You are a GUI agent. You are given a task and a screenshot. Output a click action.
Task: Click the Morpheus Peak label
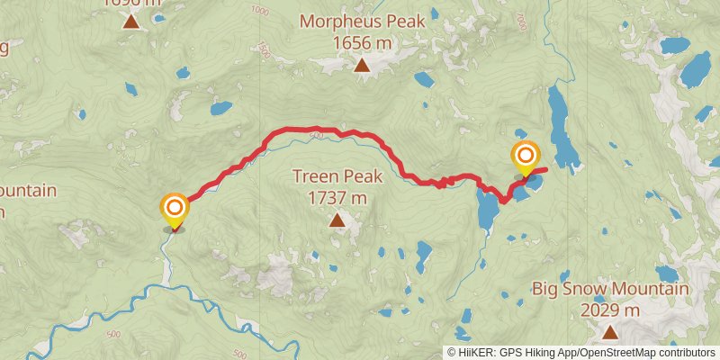pos(361,20)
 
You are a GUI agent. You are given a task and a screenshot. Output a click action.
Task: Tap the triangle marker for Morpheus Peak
pos(362,65)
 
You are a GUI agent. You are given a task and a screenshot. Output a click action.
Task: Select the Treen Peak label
pos(337,176)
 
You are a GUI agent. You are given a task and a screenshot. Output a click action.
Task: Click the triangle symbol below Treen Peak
pos(337,220)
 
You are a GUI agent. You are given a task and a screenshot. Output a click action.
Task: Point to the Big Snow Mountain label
pos(610,290)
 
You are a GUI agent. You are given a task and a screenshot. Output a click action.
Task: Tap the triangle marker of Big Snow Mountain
pos(610,333)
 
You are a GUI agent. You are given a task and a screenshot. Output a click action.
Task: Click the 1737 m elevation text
pos(337,197)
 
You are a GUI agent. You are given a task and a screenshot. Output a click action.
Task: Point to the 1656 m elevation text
pos(361,41)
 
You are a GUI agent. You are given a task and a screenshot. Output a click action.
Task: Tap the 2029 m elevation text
pos(610,310)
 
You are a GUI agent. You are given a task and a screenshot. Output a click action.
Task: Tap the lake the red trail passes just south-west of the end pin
pos(489,212)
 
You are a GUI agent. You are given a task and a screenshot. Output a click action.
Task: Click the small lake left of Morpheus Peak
pos(220,109)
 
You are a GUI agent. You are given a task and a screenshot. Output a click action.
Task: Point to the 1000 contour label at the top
pos(261,11)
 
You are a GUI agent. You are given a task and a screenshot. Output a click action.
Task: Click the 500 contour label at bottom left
pos(112,335)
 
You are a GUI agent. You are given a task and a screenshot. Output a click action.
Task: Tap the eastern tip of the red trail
pos(546,169)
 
